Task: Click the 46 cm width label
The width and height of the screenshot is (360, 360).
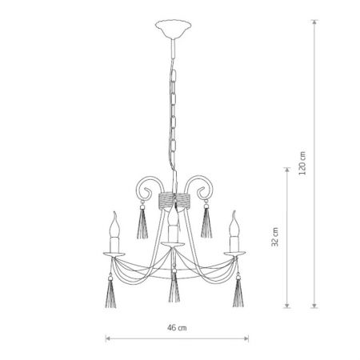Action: (177, 327)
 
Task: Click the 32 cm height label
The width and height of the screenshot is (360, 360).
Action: (275, 237)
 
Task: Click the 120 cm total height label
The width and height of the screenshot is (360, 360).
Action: (302, 163)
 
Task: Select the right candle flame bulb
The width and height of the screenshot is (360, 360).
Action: (234, 224)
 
